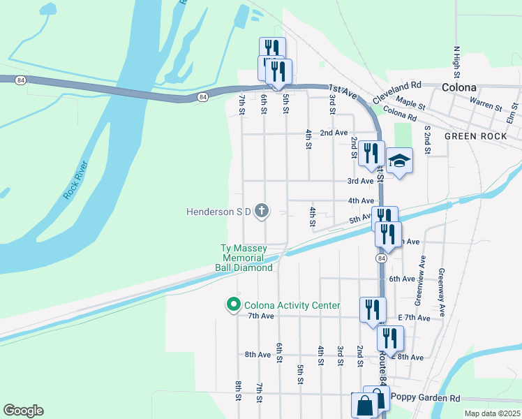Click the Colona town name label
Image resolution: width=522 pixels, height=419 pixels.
459,88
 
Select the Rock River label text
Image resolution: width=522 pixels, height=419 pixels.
75,181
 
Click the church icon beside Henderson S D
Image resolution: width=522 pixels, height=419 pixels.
262,210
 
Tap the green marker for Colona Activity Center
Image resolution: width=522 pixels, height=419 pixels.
232,305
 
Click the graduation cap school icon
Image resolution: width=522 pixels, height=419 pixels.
400,161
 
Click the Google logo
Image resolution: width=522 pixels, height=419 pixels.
23,411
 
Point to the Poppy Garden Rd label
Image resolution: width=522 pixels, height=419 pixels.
426,397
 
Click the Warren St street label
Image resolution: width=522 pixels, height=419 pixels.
486,105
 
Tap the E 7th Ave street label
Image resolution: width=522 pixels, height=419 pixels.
415,318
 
